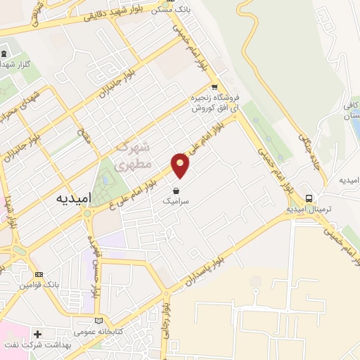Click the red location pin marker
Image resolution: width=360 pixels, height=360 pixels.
click(x=181, y=167)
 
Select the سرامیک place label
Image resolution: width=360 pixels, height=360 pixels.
click(x=176, y=200)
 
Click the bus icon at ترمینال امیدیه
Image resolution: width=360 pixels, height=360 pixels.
click(x=309, y=198)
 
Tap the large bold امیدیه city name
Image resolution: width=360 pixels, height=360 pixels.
click(x=72, y=198)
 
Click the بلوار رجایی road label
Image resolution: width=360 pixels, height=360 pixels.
click(x=167, y=320)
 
